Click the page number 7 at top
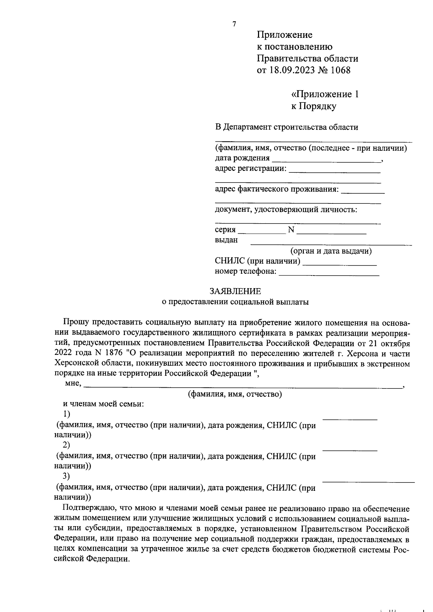pyautogui.click(x=234, y=24)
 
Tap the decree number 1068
pyautogui.click(x=340, y=70)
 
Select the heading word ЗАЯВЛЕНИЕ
pyautogui.click(x=235, y=291)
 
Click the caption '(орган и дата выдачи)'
pyautogui.click(x=331, y=251)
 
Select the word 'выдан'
pyautogui.click(x=226, y=240)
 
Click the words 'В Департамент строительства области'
pyautogui.click(x=287, y=127)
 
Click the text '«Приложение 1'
pyautogui.click(x=325, y=94)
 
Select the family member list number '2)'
pyautogui.click(x=67, y=444)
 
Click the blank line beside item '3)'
pyautogui.click(x=368, y=482)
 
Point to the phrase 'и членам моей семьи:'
pyautogui.click(x=104, y=404)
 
